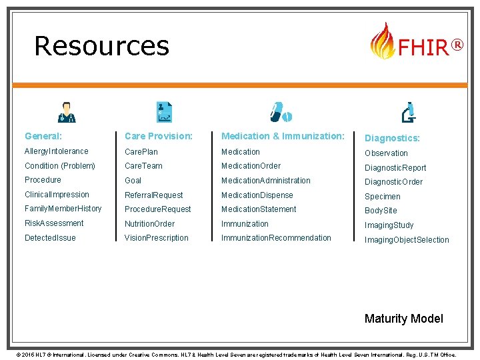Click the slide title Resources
coord(101,45)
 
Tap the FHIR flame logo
coord(382,41)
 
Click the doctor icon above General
coord(67,112)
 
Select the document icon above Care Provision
coord(164,112)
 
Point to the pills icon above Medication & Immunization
coord(281,112)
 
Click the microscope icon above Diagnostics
coord(409,112)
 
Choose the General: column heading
coord(43,136)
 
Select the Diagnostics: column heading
coord(392,138)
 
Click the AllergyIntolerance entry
coord(56,151)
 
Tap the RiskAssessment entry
coord(54,223)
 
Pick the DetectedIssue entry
coord(50,238)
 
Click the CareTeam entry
coord(143,166)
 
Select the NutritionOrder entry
coord(149,224)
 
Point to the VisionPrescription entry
coord(156,238)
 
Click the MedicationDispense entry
coord(257,195)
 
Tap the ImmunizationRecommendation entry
coord(276,238)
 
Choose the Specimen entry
coord(382,197)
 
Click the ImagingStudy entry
coord(389,225)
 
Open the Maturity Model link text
coord(403,319)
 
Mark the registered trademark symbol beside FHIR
coord(457,45)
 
